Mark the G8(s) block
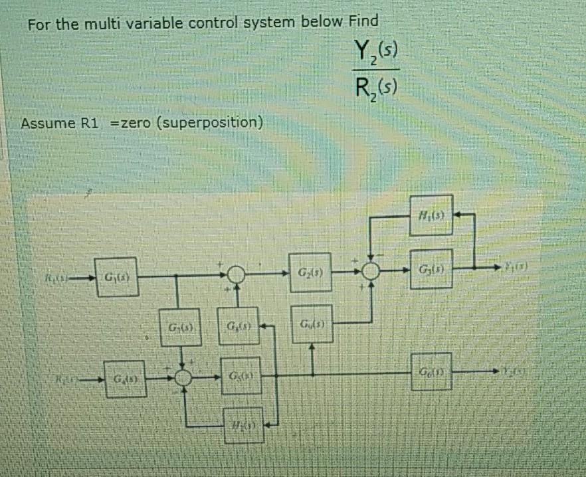[237, 328]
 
